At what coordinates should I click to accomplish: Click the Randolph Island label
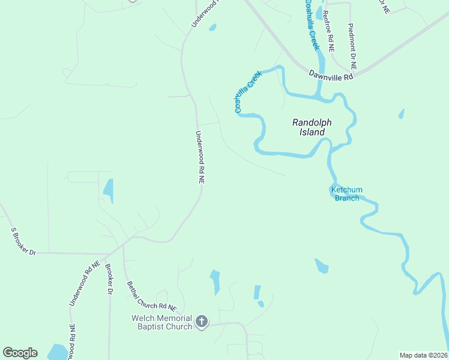(x=312, y=127)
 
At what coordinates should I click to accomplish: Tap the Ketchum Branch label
(x=347, y=194)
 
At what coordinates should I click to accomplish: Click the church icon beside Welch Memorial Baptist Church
(x=201, y=322)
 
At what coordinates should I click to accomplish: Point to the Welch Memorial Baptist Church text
(x=162, y=322)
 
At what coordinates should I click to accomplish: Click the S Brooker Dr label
(x=23, y=242)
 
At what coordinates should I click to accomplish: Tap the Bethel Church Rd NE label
(x=151, y=296)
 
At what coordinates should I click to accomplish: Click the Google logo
(x=20, y=353)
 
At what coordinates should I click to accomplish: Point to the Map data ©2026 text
(x=423, y=355)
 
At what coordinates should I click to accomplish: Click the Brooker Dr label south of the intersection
(x=109, y=280)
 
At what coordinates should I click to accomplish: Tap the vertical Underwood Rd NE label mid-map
(x=200, y=157)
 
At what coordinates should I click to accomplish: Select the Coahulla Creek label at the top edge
(x=312, y=24)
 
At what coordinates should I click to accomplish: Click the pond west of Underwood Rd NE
(x=109, y=190)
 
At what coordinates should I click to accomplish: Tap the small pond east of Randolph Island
(x=401, y=113)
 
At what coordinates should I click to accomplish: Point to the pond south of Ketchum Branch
(x=322, y=265)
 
